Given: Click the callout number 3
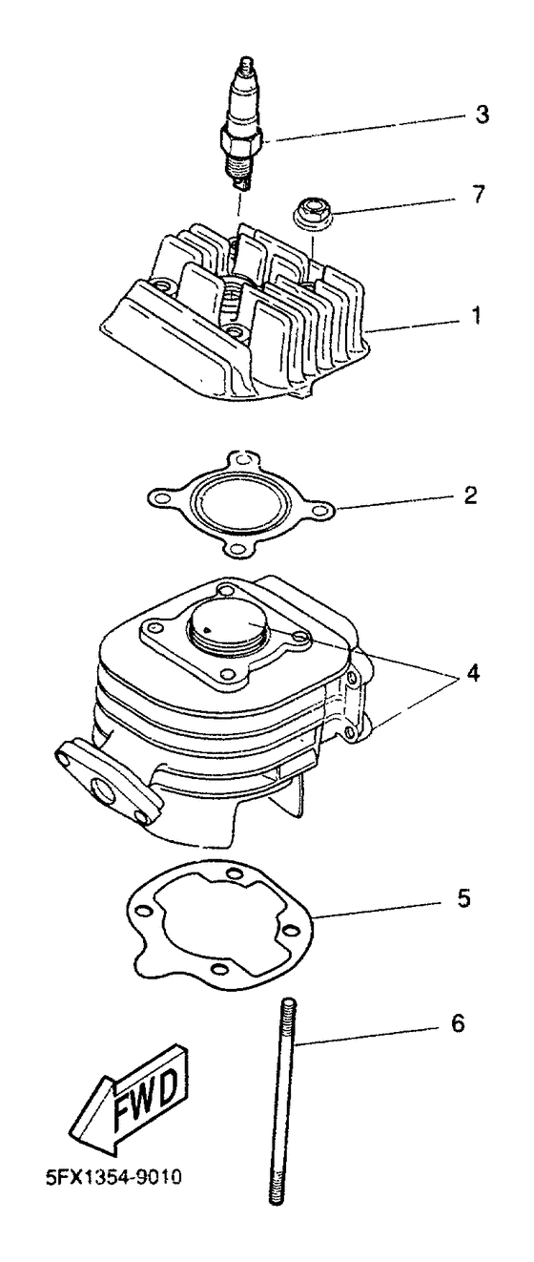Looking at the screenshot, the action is click(x=481, y=115).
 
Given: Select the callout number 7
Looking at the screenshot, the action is click(x=477, y=195).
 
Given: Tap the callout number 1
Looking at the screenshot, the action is click(x=476, y=315).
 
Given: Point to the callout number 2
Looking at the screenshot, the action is click(x=470, y=495).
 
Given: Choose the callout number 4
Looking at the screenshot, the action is click(x=473, y=673).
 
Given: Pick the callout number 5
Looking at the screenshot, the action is click(x=463, y=898).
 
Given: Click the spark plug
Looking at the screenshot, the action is click(x=242, y=124).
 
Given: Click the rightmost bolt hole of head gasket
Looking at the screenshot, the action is click(x=321, y=511).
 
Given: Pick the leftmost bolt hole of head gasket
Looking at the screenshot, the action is click(x=159, y=497).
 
